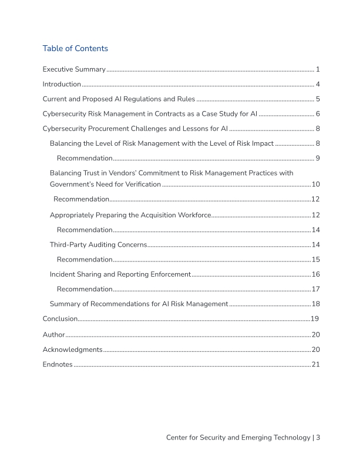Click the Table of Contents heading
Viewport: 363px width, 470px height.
(75, 48)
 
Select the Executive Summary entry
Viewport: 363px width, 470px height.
(74, 69)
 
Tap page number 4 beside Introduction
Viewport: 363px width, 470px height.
(317, 84)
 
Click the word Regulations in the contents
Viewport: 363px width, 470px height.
(142, 99)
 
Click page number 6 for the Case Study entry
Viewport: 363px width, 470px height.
(317, 113)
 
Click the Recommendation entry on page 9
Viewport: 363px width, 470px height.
(85, 158)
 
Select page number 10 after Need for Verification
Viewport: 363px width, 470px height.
(315, 184)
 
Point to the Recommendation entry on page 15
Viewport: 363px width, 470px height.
(85, 259)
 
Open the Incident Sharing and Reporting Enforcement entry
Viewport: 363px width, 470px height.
(120, 274)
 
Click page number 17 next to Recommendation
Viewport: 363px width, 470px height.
(315, 289)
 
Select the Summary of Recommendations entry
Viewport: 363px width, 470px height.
(139, 304)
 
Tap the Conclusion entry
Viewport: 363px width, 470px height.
(60, 318)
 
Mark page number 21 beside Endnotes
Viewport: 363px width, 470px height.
(315, 364)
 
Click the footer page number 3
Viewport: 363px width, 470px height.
(317, 437)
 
